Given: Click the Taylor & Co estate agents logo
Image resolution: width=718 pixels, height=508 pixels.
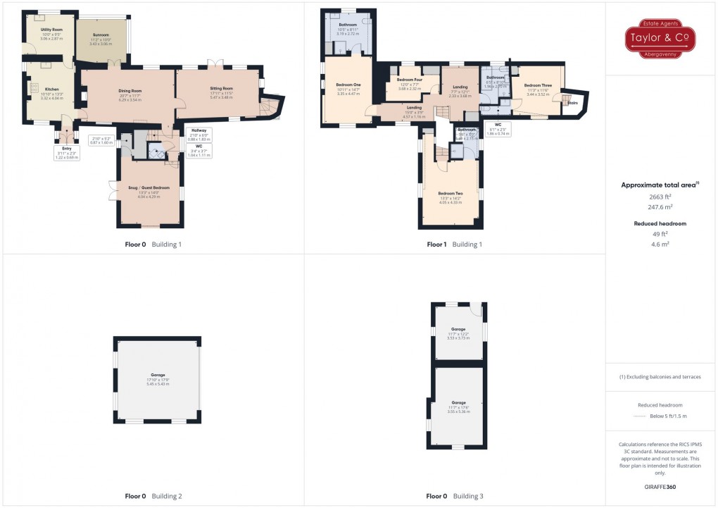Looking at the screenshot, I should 661,38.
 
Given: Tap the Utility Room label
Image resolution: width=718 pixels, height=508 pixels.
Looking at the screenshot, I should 51,30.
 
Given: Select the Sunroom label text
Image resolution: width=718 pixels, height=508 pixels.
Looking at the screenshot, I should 101,35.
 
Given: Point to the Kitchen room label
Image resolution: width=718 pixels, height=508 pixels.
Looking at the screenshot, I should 52,89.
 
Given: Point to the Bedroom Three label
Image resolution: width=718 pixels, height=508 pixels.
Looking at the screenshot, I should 537,85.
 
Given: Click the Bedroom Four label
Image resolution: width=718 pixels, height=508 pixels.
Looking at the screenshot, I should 409,80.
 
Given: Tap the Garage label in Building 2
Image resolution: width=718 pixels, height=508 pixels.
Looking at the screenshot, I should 158,375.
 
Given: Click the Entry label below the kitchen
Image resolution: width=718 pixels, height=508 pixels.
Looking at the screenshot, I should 67,149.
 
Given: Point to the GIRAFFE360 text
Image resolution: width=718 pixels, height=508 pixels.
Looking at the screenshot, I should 661,486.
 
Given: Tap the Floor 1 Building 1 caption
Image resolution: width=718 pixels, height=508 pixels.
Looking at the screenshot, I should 454,244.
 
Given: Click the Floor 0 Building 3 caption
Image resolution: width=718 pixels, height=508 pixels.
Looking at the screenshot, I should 454,496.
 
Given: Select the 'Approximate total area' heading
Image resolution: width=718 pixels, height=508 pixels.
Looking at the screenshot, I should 660,185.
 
